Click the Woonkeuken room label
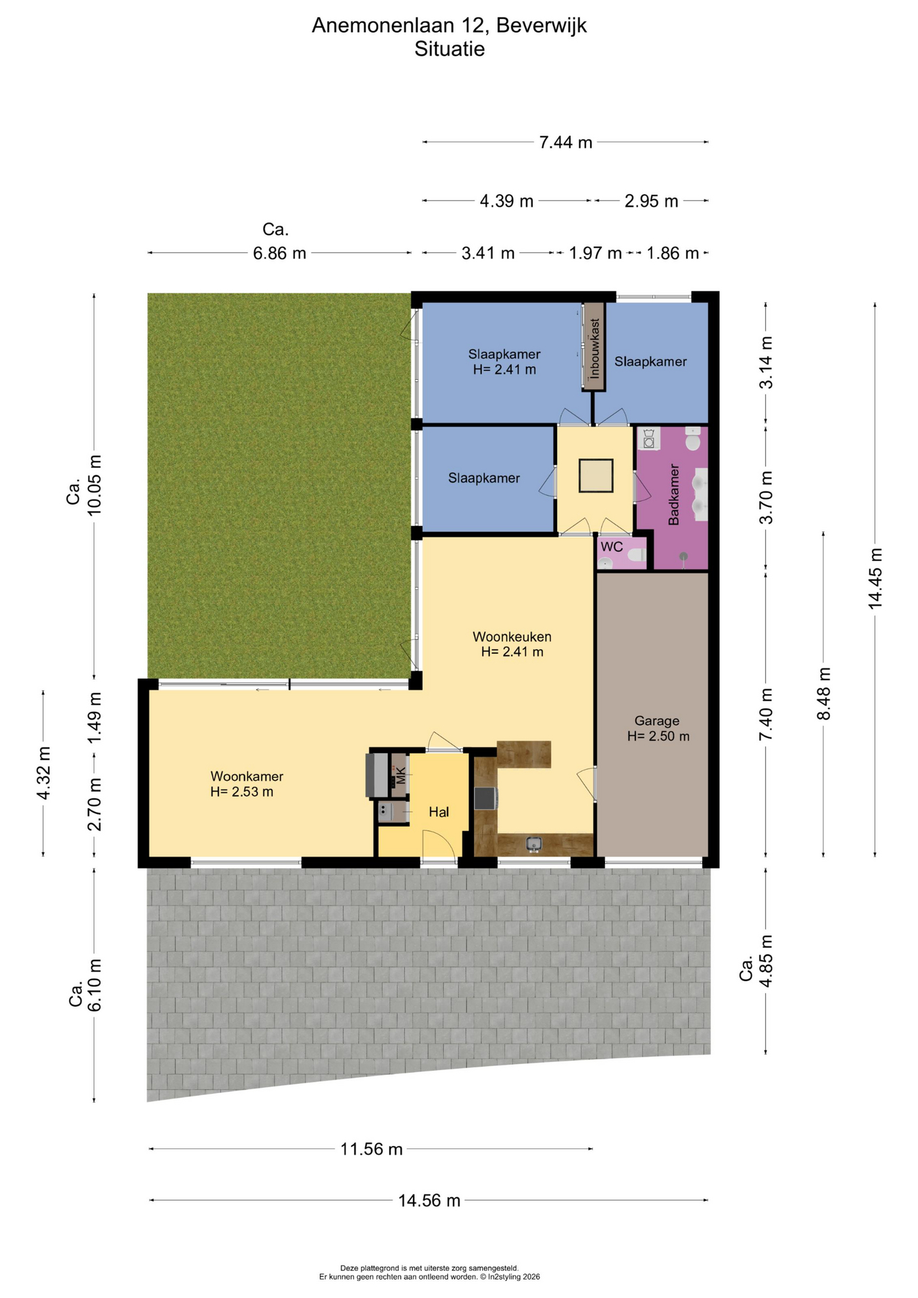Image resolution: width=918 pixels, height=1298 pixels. tap(512, 637)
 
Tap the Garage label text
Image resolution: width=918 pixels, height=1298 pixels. tap(656, 721)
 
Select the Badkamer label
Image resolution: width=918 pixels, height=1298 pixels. tap(673, 494)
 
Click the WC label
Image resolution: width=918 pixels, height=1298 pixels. tap(612, 547)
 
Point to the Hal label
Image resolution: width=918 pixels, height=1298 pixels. tap(439, 812)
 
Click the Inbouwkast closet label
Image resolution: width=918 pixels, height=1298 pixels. tap(595, 348)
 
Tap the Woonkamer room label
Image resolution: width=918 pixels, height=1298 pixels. tap(247, 777)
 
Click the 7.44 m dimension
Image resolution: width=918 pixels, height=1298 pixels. tap(566, 143)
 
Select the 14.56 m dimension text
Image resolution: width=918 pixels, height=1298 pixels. tap(429, 1201)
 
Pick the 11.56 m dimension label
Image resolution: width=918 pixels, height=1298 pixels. tap(371, 1149)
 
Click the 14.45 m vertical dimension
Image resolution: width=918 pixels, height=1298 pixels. tap(875, 578)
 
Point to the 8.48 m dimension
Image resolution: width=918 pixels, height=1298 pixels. tap(823, 694)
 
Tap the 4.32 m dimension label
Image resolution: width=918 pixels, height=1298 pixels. tap(43, 773)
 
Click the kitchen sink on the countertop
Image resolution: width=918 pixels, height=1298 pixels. tap(534, 844)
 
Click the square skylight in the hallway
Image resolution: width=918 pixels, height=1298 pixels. tap(596, 476)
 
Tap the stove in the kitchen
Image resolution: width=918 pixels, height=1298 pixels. tap(486, 798)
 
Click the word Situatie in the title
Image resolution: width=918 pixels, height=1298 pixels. tap(450, 49)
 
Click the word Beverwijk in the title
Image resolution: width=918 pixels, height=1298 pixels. tap(541, 26)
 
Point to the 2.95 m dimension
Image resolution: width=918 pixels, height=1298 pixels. tap(651, 201)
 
